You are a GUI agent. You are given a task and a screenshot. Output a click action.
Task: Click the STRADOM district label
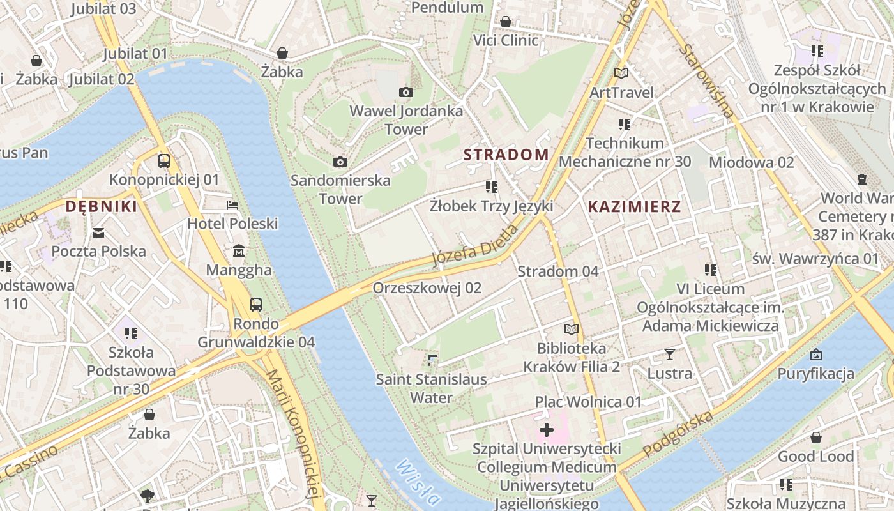tap(506, 155)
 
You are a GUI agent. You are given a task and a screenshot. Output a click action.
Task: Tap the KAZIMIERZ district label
tap(634, 206)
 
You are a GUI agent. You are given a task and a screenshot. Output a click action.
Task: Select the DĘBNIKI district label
tap(101, 206)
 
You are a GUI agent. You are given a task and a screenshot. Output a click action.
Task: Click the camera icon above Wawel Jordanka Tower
tap(405, 93)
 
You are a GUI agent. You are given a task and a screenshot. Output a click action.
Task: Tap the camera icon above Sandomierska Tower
tap(340, 162)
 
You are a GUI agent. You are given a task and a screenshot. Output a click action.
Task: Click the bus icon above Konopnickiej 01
tap(164, 161)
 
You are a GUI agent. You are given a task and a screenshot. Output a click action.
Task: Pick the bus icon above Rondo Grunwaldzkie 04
tap(256, 305)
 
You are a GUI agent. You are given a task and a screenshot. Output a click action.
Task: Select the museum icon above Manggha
tap(239, 251)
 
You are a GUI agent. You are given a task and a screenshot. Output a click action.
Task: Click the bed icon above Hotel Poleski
tap(232, 205)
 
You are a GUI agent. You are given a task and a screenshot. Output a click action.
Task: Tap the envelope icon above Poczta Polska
tap(98, 233)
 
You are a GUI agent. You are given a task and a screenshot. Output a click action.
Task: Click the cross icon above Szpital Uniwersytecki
tap(547, 430)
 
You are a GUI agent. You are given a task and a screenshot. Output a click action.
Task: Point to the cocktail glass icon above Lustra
tap(669, 354)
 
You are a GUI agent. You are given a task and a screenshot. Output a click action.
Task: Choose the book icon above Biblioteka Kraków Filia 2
tap(571, 330)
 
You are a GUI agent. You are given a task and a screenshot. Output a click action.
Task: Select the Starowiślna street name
tap(707, 80)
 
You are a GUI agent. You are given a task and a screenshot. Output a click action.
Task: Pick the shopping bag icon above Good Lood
tap(815, 438)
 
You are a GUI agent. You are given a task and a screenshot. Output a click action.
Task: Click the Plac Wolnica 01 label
tap(587, 402)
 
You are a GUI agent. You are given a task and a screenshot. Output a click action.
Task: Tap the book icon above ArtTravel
tap(621, 73)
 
